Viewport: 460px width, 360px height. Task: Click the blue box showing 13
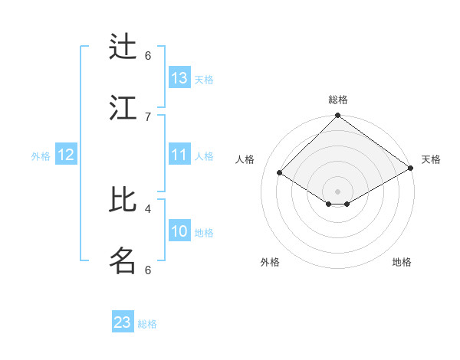click(x=179, y=78)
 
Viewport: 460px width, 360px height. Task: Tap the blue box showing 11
click(x=179, y=155)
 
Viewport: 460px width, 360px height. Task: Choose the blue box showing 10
click(x=179, y=231)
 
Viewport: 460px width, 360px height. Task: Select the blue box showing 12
click(x=66, y=155)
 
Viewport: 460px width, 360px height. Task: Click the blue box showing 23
click(x=123, y=322)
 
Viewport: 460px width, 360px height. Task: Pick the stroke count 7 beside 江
click(x=148, y=116)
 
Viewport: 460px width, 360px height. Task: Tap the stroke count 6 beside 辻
click(x=148, y=56)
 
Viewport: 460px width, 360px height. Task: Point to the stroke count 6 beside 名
click(x=148, y=270)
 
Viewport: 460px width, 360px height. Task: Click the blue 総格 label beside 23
click(x=147, y=324)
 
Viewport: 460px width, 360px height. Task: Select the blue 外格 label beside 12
click(x=41, y=156)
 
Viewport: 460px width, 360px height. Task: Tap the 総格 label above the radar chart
click(x=337, y=100)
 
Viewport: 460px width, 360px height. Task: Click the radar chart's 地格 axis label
click(x=402, y=262)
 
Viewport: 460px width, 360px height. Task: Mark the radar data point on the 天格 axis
click(x=411, y=168)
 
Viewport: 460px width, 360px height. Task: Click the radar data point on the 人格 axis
click(x=280, y=173)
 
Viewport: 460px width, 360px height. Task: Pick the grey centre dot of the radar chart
click(x=337, y=191)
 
